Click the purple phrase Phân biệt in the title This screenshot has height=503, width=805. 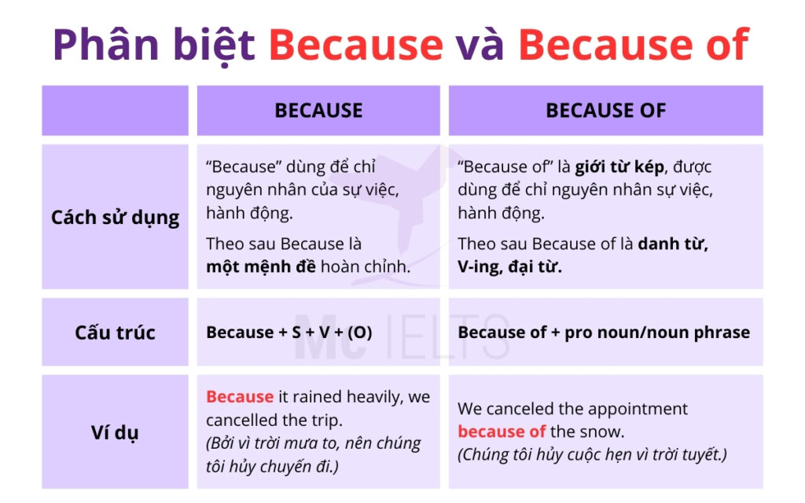pyautogui.click(x=154, y=44)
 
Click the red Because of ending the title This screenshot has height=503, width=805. pyautogui.click(x=633, y=44)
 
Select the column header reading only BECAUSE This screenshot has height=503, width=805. pyautogui.click(x=318, y=111)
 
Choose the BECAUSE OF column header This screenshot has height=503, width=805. pyautogui.click(x=605, y=111)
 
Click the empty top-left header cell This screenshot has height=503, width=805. pyautogui.click(x=115, y=111)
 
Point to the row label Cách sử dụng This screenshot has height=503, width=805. pyautogui.click(x=115, y=217)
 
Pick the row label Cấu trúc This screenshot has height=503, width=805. pyautogui.click(x=115, y=332)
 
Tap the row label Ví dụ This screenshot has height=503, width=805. pyautogui.click(x=115, y=432)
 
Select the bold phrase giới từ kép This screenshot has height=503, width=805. pyautogui.click(x=619, y=167)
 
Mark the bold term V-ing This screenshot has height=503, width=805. pyautogui.click(x=481, y=266)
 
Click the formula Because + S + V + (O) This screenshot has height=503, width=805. pyautogui.click(x=289, y=332)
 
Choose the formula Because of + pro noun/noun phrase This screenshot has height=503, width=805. pyautogui.click(x=603, y=332)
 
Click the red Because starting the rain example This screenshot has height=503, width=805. pyautogui.click(x=240, y=397)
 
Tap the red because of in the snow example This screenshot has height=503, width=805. pyautogui.click(x=502, y=431)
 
